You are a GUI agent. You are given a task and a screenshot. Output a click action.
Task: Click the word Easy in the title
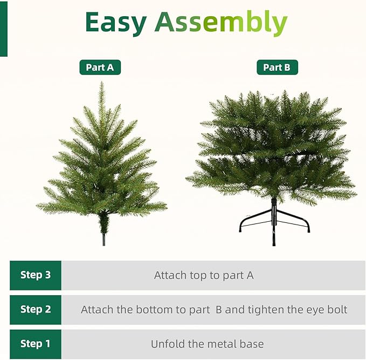115,23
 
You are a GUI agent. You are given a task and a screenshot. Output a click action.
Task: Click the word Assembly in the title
221,23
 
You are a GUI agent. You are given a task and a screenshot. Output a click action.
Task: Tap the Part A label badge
100,67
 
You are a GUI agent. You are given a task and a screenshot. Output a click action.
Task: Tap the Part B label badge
277,67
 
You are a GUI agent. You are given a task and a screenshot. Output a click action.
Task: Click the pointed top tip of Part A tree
101,84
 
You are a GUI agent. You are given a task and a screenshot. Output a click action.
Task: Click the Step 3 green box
36,275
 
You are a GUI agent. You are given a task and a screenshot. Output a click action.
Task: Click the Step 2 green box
36,309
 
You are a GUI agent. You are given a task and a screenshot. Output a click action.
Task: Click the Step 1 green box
36,344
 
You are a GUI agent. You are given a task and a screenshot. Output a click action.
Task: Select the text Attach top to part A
204,275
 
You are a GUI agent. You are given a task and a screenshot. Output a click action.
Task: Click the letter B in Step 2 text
219,310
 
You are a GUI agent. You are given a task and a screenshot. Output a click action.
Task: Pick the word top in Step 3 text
197,276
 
